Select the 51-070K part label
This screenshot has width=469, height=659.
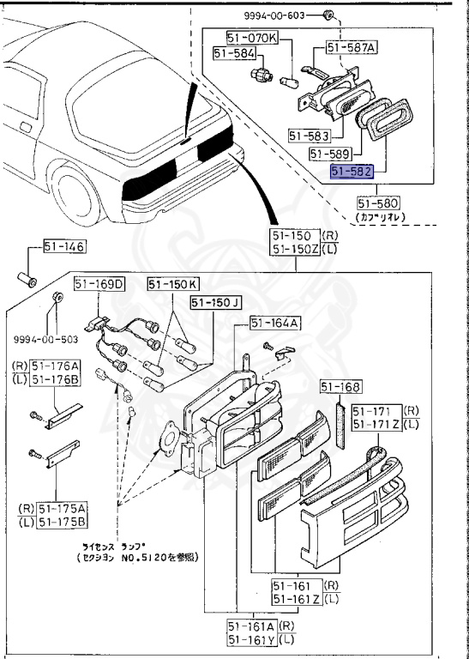tap(252, 38)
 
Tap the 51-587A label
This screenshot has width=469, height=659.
tap(350, 49)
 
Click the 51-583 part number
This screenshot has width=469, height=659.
tap(310, 135)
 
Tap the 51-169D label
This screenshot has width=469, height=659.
tap(99, 284)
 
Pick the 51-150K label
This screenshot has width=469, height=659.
tap(172, 284)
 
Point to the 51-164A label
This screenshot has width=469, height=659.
tap(274, 323)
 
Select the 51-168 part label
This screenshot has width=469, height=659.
tap(341, 386)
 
